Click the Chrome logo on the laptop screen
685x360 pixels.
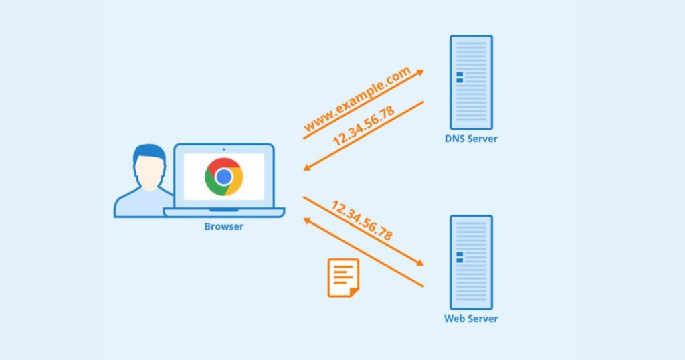coord(224,177)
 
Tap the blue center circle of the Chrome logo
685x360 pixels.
coord(224,177)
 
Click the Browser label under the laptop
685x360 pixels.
coord(224,227)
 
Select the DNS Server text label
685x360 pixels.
coord(471,139)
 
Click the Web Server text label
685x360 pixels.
coord(471,319)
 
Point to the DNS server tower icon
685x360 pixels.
coord(471,82)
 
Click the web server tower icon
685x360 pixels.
coord(471,262)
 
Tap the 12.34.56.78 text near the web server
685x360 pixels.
coord(361,221)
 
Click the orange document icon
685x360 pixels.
coord(343,278)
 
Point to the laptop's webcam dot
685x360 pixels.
coord(223,149)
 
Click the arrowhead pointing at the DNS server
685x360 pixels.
coord(420,71)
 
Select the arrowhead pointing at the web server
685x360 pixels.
coord(420,264)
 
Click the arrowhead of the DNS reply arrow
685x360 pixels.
coord(307,167)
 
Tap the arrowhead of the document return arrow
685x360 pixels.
coord(307,220)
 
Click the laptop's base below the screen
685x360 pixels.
coord(224,213)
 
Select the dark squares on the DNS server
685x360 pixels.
coord(460,78)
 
